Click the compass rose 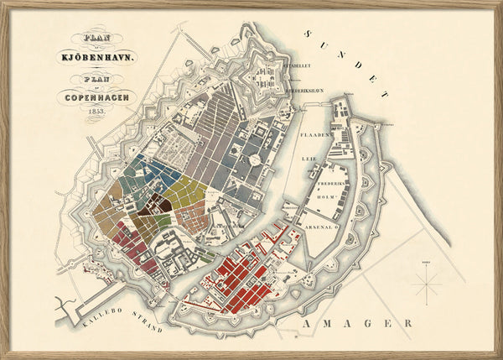click(428, 287)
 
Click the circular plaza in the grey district click(252, 159)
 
